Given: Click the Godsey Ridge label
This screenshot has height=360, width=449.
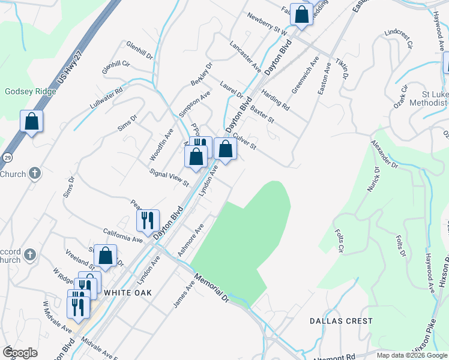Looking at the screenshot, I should click(x=31, y=92).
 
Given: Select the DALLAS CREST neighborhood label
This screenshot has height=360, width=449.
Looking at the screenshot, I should click(x=341, y=321).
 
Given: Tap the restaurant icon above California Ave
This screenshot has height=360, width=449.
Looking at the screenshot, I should click(x=147, y=220).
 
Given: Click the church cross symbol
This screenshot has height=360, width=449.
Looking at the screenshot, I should click(x=35, y=174).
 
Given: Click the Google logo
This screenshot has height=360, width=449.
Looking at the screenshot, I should click(x=20, y=353).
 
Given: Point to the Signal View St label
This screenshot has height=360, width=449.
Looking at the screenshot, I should click(x=169, y=177).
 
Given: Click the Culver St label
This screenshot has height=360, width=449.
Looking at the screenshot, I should click(x=244, y=142).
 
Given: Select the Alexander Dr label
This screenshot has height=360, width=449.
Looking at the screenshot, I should click(x=384, y=154).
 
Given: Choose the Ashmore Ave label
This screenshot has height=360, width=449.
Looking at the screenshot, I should click(x=191, y=239).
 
